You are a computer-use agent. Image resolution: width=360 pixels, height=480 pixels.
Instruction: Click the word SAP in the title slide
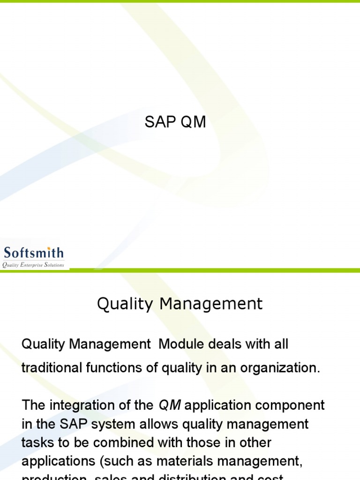tap(157, 122)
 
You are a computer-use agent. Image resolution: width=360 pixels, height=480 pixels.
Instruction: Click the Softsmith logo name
tap(33, 253)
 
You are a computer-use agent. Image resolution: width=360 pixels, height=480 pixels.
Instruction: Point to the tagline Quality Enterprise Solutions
tap(33, 265)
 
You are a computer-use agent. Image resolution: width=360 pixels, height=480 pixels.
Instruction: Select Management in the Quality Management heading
tap(211, 304)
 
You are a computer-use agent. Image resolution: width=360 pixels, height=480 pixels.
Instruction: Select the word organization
tap(280, 368)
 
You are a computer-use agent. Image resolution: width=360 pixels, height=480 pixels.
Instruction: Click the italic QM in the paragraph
tap(170, 405)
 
